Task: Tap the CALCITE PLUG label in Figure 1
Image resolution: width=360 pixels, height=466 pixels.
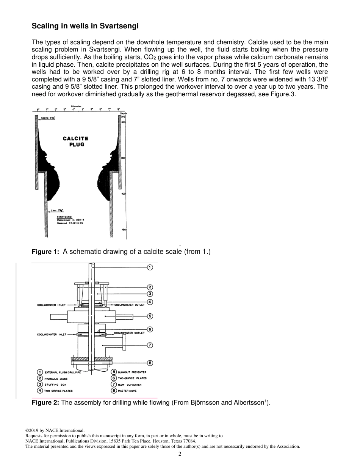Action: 76,141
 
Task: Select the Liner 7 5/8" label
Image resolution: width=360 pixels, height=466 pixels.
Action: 58,210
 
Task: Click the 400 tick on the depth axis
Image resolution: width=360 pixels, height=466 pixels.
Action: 123,194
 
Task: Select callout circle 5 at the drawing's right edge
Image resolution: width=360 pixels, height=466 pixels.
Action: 150,316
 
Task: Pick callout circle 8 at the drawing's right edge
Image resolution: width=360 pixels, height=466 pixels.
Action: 150,363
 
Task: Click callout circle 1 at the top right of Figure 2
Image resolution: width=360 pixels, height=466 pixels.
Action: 150,267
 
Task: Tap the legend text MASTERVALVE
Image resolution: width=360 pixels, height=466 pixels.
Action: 127,391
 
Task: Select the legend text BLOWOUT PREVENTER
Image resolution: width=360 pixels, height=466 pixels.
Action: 132,372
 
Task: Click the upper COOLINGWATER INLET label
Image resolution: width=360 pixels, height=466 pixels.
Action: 51,305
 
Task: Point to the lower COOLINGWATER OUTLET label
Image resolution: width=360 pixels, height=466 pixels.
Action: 129,333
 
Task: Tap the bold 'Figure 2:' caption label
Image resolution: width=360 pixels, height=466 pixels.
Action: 45,402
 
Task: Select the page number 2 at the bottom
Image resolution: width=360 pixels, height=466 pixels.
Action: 180,454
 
